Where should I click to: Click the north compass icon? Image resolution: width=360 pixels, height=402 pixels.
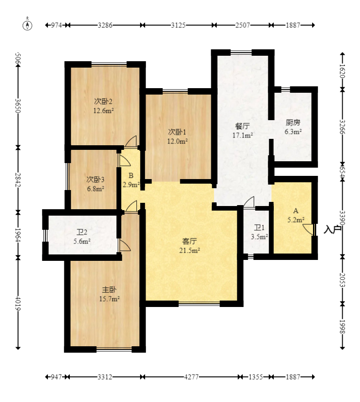point(27,25)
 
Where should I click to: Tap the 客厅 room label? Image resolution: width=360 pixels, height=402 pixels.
point(189,241)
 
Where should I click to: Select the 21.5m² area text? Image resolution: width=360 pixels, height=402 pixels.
point(189,250)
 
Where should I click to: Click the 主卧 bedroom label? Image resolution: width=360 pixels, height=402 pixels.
point(110,290)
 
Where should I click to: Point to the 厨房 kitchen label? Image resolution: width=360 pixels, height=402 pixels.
point(293,122)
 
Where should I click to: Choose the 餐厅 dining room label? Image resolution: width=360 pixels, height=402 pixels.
point(242,126)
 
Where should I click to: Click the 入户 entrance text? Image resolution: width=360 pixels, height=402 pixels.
point(332,229)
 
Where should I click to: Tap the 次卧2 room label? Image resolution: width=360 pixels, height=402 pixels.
point(103,101)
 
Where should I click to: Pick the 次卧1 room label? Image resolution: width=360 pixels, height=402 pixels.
point(177,132)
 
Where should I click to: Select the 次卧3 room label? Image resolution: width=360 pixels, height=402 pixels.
point(95,179)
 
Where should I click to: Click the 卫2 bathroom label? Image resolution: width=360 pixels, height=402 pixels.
point(82,232)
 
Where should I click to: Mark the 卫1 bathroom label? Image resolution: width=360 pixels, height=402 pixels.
point(259,227)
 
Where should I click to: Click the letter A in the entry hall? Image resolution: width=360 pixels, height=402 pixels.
point(296,211)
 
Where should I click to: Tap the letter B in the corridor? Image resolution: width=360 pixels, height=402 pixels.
point(131,175)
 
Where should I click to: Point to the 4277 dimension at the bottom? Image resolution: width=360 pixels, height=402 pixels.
point(191,377)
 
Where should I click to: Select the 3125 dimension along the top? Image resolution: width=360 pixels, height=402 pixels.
point(178,25)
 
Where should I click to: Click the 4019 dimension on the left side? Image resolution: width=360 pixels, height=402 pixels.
point(18,303)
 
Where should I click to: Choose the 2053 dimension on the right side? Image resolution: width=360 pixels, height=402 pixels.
point(342,280)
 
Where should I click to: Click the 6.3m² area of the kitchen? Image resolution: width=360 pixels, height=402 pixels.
point(293,132)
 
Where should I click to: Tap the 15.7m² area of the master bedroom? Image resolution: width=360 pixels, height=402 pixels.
point(110,299)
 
